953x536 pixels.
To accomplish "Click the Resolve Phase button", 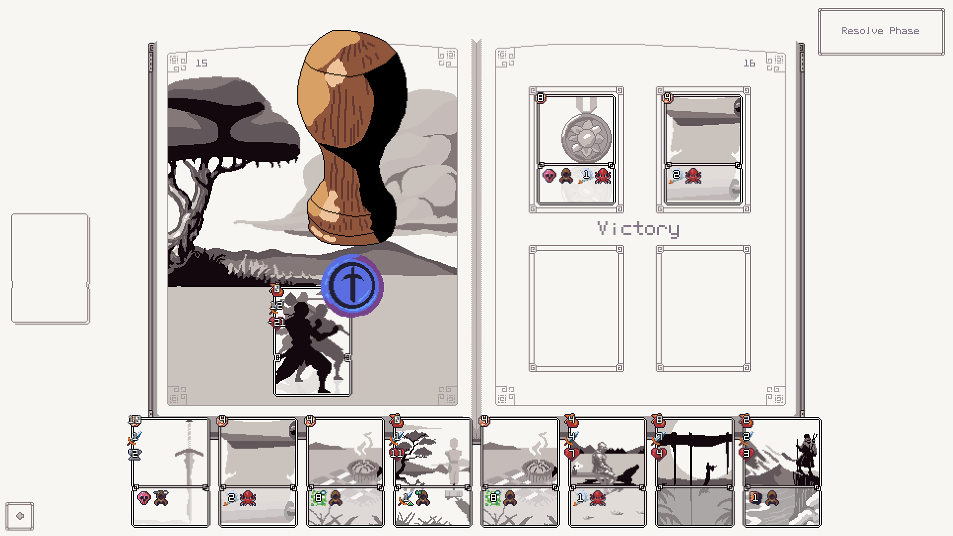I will point(881,31).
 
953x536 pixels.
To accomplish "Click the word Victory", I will point(638,229).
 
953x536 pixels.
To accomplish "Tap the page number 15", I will point(202,63).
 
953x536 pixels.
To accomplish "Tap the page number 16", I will point(749,63).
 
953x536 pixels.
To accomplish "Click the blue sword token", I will point(352,285).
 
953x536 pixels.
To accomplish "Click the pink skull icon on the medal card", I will point(549,175).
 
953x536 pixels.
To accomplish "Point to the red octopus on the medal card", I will point(603,175).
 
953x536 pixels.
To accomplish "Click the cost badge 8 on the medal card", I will point(541,98).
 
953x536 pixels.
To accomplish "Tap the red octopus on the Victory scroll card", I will point(693,175).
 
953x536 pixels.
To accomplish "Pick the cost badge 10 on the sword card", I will point(135,420).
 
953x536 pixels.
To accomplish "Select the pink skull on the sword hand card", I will point(143,498).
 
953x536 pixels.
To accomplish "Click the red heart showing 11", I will point(397,453).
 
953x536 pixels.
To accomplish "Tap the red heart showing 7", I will point(571,453).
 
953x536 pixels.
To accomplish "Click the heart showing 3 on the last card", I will point(746,453).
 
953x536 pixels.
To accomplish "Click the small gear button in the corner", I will point(20,516).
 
